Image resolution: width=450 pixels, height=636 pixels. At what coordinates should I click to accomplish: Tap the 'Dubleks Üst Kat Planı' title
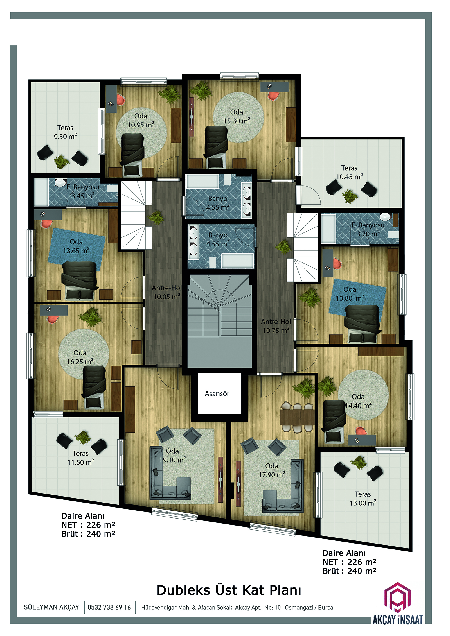pos(229,590)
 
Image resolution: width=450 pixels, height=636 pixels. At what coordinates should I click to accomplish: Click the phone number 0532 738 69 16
pos(109,607)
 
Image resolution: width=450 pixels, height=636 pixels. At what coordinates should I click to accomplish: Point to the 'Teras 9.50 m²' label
pos(65,132)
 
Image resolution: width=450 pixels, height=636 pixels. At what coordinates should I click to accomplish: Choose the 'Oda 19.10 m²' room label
pos(172,455)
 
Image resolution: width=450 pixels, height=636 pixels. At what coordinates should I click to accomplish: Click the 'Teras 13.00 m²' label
pos(363,499)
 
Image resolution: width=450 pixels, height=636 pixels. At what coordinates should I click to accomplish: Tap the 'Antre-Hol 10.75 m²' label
pos(276,326)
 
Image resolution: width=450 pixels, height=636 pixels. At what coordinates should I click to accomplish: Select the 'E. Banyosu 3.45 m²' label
pos(83,191)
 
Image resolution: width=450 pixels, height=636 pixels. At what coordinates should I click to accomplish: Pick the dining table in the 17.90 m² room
pos(297,417)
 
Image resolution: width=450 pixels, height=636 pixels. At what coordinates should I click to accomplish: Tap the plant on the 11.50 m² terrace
pos(82,438)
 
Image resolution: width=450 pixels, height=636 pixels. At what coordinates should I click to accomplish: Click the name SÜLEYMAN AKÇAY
pos(51,607)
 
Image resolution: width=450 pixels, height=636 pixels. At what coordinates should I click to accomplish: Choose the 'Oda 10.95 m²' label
pos(141,120)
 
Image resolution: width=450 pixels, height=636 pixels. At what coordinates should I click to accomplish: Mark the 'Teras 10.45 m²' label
pos(349,172)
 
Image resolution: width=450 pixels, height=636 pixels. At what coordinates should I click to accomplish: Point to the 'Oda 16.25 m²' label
pos(80,357)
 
